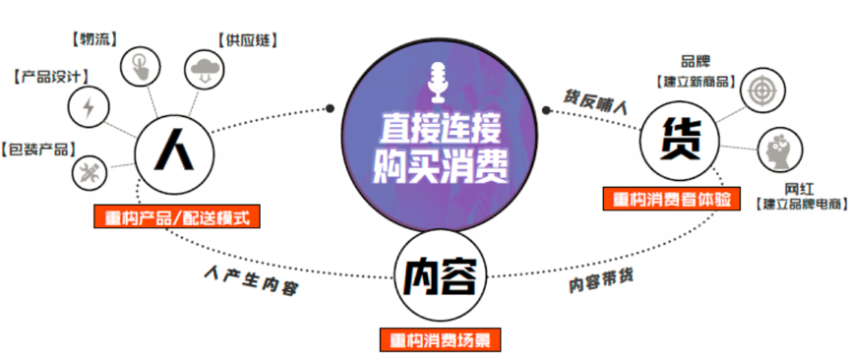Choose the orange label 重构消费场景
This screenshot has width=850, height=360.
(x=441, y=340)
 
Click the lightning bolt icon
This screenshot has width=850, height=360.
(x=89, y=105)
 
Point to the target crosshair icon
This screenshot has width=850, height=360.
(x=761, y=87)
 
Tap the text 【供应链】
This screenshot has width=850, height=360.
(x=246, y=40)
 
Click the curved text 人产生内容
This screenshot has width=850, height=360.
(x=252, y=279)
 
